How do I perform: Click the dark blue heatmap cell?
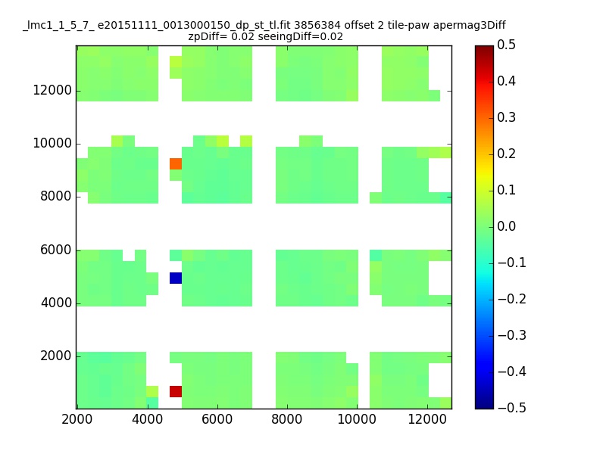(176, 278)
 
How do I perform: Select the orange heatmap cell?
(176, 163)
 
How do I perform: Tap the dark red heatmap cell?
(176, 391)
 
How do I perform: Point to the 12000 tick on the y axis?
(52, 90)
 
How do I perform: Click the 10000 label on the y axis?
(52, 143)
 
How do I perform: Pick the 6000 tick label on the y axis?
(56, 250)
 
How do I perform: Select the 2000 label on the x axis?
(77, 419)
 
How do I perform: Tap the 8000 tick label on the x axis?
(287, 419)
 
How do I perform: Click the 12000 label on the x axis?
(427, 419)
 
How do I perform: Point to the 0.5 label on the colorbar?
(506, 45)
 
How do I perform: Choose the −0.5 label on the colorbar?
(512, 408)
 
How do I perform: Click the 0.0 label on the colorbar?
(506, 226)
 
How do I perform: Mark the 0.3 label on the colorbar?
(506, 117)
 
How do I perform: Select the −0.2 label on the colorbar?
(512, 299)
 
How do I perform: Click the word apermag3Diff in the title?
(469, 26)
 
